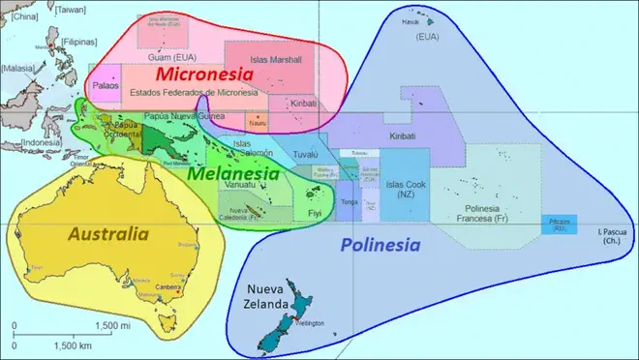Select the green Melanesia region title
pos(228,174)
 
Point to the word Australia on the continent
pos(107,233)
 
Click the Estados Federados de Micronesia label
pos(194,92)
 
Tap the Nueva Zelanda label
pos(269,297)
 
